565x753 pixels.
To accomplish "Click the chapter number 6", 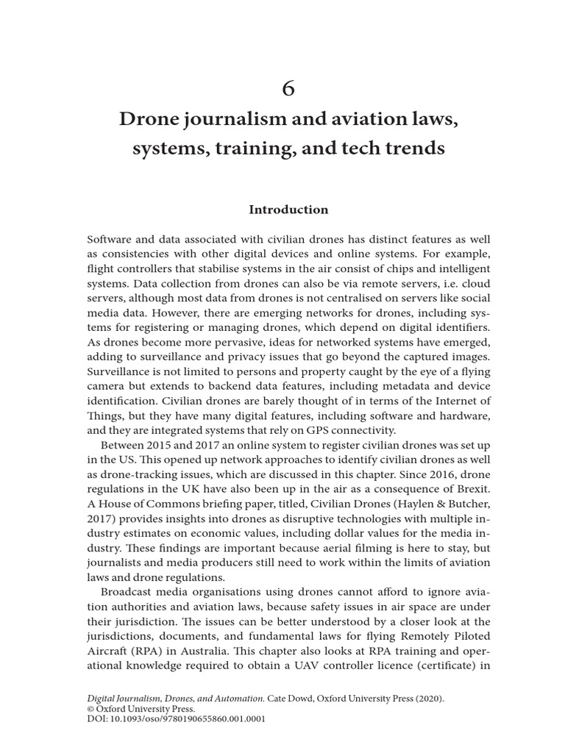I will click(288, 88).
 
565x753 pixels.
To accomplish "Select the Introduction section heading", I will click(288, 210).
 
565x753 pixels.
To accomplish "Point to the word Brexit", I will click(467, 489).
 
